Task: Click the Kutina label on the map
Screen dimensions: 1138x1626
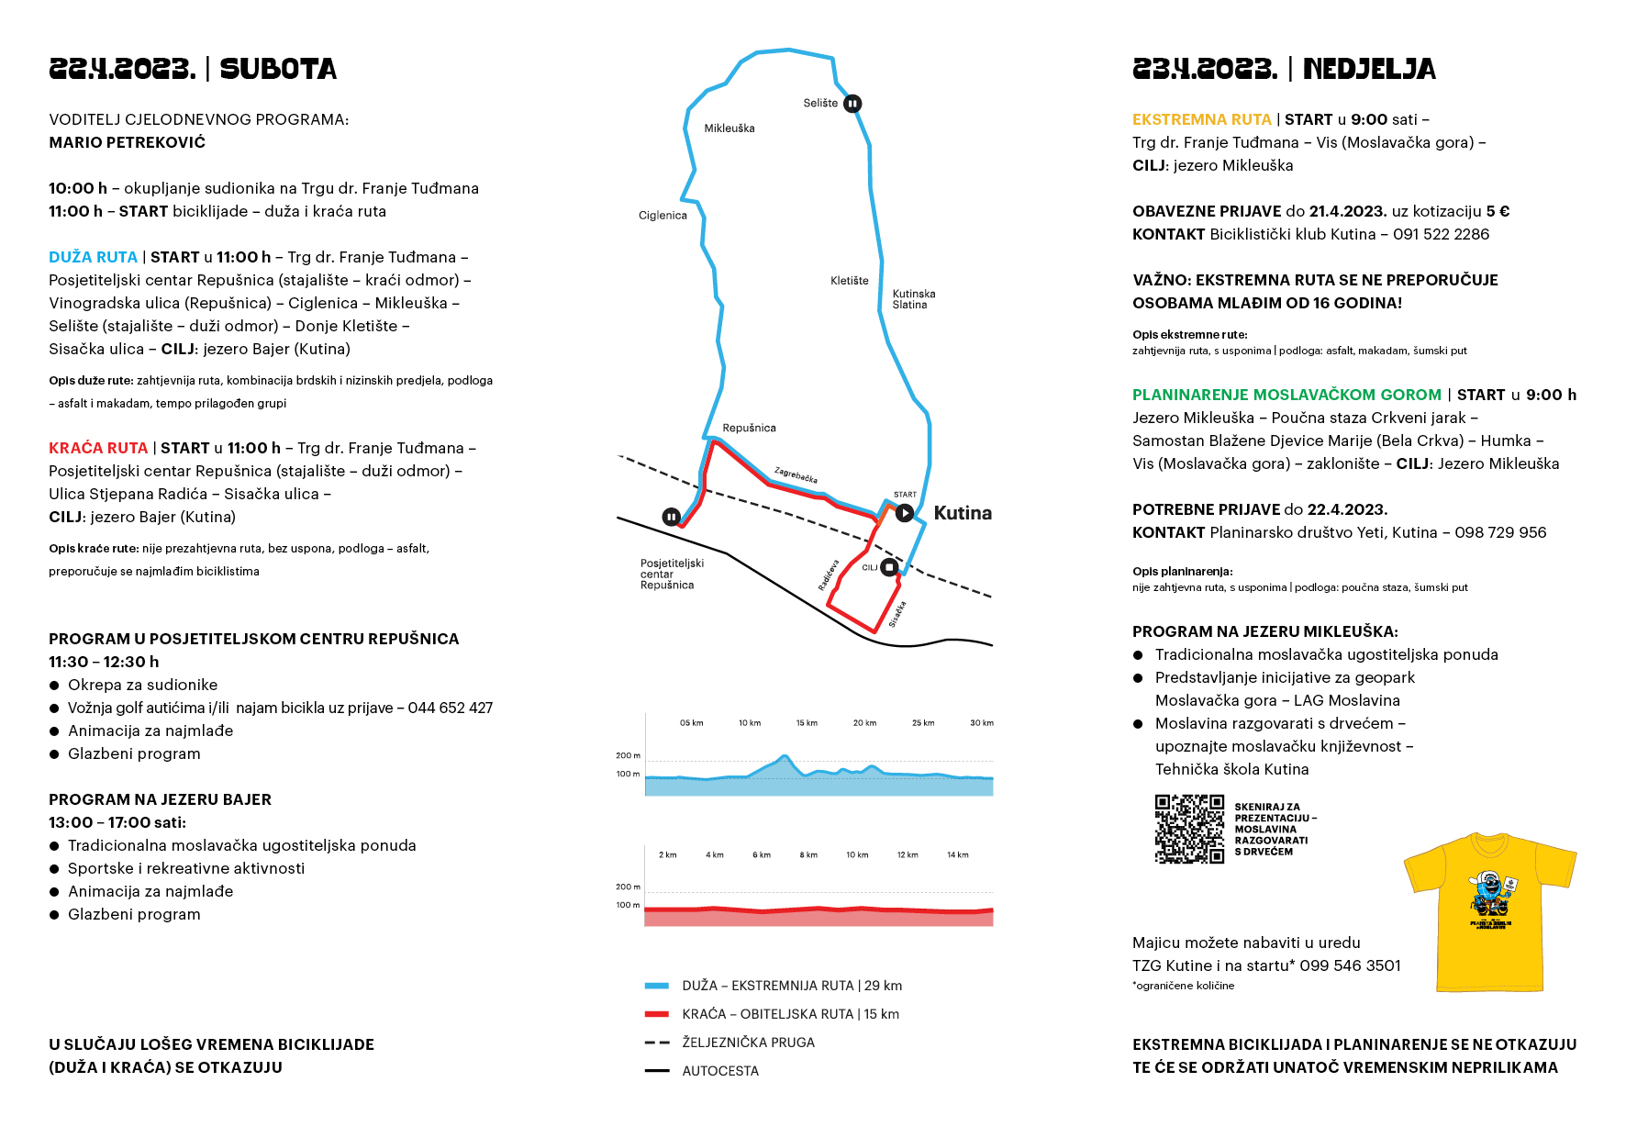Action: coord(963,513)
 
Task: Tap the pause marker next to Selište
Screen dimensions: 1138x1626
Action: coord(852,104)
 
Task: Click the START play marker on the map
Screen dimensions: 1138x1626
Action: coord(905,513)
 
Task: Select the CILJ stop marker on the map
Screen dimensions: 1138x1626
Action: coord(888,567)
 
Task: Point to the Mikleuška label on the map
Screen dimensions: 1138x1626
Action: coord(729,128)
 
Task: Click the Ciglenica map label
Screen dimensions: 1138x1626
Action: coord(663,216)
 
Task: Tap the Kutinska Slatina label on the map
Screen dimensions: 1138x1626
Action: coord(913,299)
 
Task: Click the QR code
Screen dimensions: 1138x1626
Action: coord(1189,829)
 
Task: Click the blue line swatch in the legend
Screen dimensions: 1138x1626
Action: coord(657,986)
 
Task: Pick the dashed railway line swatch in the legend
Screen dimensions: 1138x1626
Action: coord(657,1043)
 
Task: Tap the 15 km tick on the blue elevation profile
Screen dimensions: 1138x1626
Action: coord(807,723)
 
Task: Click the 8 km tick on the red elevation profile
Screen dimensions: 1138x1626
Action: coord(808,854)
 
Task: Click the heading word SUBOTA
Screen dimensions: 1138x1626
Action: coord(278,69)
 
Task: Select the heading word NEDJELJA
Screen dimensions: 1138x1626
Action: coord(1369,69)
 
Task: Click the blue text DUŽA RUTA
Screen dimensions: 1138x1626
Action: coord(94,257)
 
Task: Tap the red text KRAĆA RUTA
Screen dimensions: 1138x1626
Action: coord(98,448)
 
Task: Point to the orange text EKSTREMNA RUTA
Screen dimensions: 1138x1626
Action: coord(1202,119)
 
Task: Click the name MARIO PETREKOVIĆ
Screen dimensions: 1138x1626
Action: coord(128,142)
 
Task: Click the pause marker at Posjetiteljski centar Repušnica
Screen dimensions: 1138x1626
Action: coord(672,518)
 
